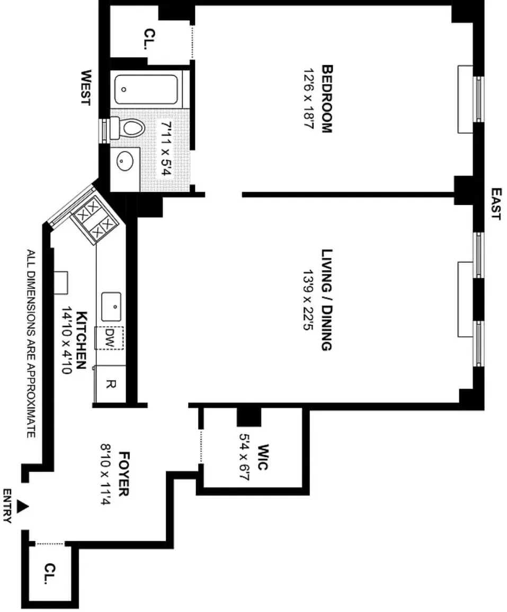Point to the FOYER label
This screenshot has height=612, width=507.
click(123, 473)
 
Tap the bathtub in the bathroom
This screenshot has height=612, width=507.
click(146, 89)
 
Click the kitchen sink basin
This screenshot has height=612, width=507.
click(111, 307)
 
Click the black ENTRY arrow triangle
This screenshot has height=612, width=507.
click(22, 507)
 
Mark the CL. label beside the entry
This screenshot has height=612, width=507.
click(50, 574)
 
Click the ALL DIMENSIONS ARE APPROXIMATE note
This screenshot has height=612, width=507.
click(31, 344)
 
